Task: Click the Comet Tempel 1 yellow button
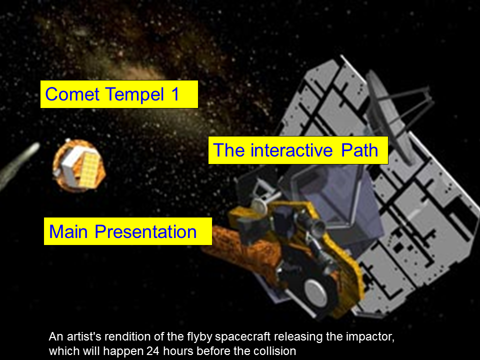pos(119,94)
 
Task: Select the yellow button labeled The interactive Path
pos(298,150)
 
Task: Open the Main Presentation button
pos(128,231)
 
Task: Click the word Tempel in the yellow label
pos(134,94)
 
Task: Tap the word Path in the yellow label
pos(359,150)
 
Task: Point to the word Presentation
pos(145,231)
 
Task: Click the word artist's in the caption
pos(84,336)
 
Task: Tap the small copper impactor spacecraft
pos(79,165)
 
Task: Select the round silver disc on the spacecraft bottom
pos(317,293)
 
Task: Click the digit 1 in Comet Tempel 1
pos(175,94)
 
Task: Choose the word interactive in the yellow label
pos(291,150)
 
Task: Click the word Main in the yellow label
pos(68,231)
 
